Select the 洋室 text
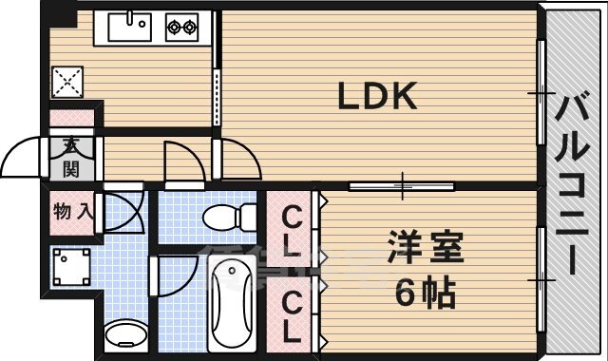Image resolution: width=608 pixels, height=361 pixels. point(425,248)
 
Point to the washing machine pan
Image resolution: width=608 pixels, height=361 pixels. point(71,267)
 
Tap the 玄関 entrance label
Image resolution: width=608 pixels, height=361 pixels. point(71,158)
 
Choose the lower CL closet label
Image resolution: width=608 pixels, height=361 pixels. point(292,316)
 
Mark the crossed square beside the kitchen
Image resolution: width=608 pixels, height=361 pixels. point(69,83)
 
